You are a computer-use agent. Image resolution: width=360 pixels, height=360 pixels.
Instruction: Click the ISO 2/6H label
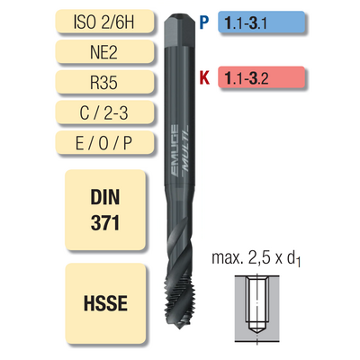pos(105,22)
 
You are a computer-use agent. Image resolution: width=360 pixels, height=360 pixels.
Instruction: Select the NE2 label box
pos(105,52)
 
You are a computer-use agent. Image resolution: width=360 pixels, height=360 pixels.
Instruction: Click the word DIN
pos(105,197)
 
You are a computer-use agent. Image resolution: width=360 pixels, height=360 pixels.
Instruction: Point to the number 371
pos(105,223)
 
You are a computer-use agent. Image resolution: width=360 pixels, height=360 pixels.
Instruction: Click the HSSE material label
pos(105,303)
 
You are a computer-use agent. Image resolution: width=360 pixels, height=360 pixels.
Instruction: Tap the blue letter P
pos(204,22)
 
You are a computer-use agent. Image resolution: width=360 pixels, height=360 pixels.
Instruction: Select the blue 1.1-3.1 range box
pos(261,22)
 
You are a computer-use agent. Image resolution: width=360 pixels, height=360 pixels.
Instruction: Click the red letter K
pos(204,77)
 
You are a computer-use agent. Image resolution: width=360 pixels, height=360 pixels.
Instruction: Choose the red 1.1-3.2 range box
pos(261,77)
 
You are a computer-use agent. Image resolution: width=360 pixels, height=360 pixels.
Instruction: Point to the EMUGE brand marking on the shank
pos(175,149)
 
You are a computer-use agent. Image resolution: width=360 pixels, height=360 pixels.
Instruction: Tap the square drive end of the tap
pos(180,30)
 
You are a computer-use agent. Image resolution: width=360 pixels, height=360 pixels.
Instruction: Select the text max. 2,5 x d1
pos(256,258)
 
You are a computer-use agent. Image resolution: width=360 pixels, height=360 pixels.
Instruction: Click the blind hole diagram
pos(257,309)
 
